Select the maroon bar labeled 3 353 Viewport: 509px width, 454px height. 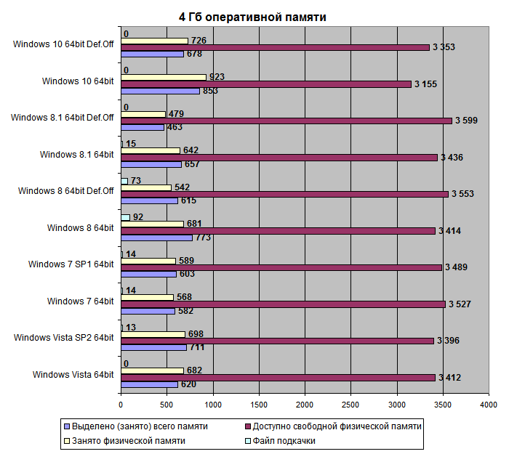coord(275,47)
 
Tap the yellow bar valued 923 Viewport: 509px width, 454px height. coord(164,77)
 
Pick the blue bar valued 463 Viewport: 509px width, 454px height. coord(143,127)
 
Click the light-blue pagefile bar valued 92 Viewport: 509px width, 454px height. coord(125,217)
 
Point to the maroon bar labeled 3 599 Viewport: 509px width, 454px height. coord(286,121)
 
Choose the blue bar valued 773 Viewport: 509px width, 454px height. coord(156,238)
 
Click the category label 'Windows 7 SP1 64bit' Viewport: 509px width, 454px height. coord(71,264)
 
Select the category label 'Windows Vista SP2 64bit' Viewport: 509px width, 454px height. coord(63,337)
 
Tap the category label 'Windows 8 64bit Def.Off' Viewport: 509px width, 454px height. coord(66,191)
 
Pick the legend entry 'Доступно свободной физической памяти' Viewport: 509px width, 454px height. coord(335,426)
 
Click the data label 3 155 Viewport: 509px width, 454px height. coord(425,84)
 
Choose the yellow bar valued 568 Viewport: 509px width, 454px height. coord(147,297)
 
